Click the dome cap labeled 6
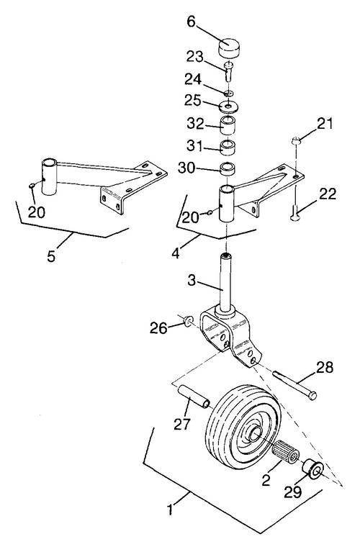pos(229,47)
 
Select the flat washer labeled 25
pos(228,105)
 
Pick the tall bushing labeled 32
pos(228,125)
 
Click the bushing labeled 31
pos(228,147)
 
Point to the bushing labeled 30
pos(228,168)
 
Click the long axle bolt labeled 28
pos(294,385)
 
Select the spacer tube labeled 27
pos(194,397)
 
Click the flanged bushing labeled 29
pos(313,469)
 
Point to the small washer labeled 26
pos(189,321)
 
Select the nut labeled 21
pos(296,141)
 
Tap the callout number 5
pos(51,256)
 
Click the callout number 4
pos(176,253)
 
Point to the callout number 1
pos(171,510)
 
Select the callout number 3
pos(192,281)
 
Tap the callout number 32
pos(196,124)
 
